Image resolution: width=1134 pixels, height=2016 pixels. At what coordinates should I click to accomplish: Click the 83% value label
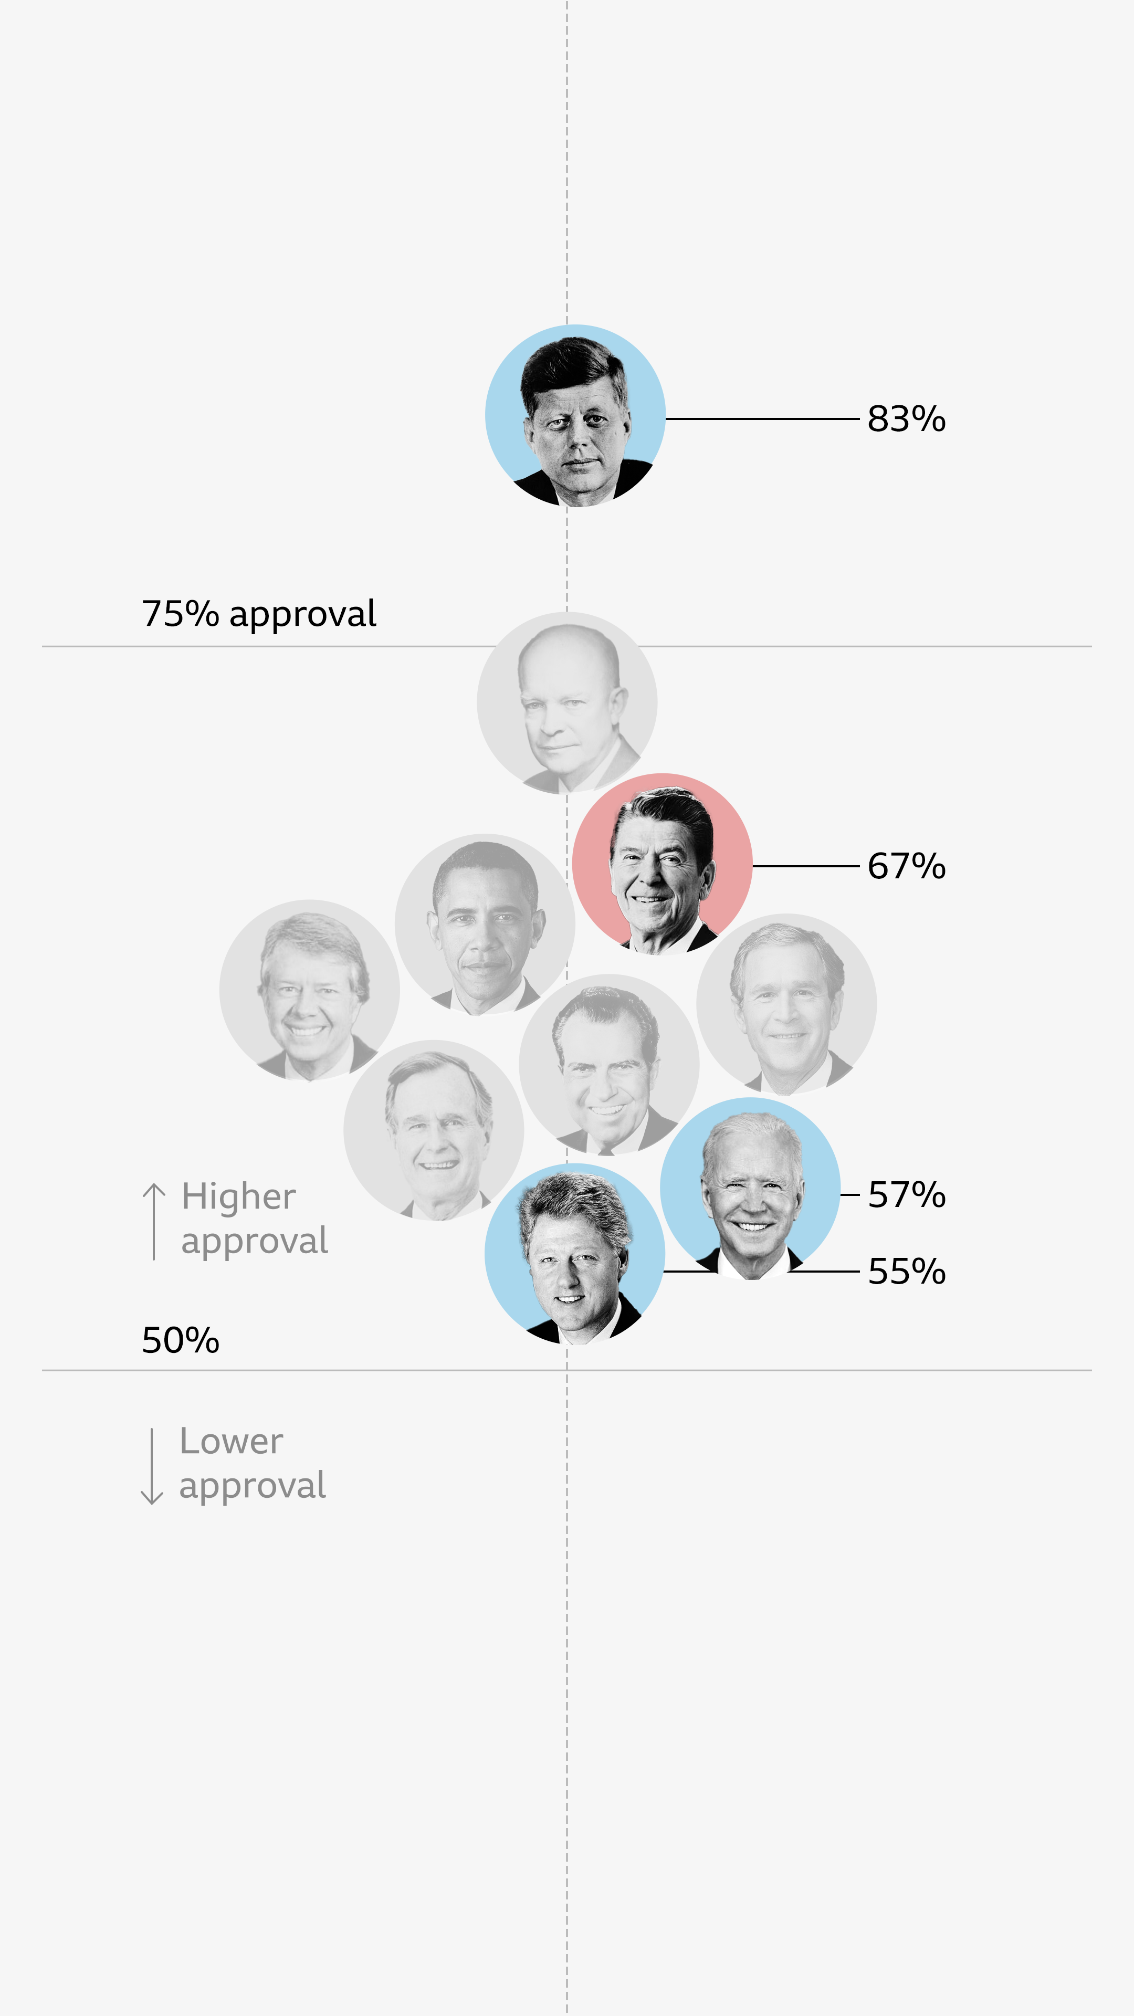906,419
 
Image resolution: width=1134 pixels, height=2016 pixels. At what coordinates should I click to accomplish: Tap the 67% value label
906,866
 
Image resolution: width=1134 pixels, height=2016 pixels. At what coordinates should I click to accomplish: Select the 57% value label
906,1195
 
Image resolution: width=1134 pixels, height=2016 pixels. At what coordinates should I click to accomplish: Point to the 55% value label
906,1272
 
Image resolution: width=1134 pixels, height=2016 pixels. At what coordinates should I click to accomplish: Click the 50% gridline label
180,1341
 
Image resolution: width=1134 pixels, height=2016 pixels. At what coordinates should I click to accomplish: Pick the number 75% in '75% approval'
180,614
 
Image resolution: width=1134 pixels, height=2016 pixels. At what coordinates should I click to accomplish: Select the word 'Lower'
231,1442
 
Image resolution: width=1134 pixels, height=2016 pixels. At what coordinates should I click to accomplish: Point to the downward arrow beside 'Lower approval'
152,1466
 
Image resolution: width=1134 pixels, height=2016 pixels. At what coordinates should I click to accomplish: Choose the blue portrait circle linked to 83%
575,416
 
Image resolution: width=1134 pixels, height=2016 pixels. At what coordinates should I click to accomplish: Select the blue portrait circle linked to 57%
750,1188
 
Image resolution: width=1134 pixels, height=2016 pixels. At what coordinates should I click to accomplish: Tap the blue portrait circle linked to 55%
574,1254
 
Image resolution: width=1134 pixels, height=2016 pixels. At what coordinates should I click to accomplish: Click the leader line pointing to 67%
805,866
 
